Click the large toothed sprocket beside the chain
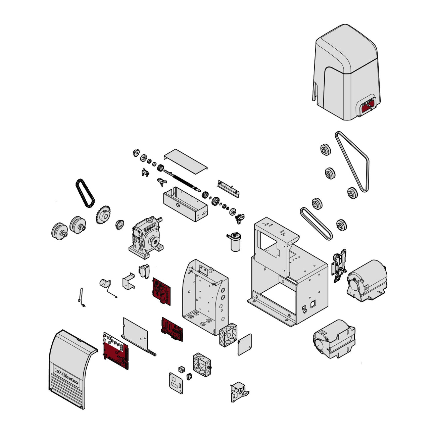[104, 215]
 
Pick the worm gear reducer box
[145, 238]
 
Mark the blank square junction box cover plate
[244, 344]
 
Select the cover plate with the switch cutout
[176, 383]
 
